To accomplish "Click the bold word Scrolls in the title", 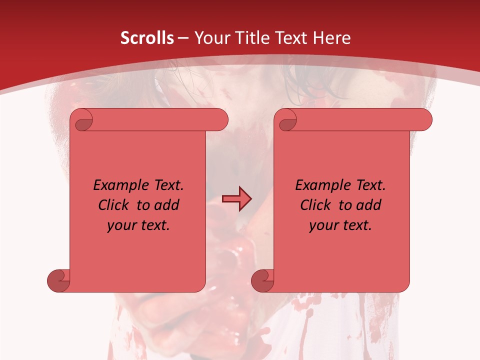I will (x=147, y=38).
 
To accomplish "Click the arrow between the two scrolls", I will (x=236, y=199).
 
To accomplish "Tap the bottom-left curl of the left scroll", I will (x=59, y=280).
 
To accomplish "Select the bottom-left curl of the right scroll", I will (x=263, y=280).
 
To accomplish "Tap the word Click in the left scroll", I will (x=114, y=205).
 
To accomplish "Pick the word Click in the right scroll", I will (x=316, y=205).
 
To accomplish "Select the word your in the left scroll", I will (x=122, y=225).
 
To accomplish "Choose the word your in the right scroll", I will (x=324, y=225).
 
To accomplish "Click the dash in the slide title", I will (x=183, y=38).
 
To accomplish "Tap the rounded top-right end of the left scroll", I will (x=220, y=120).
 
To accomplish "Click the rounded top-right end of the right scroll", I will (x=424, y=120).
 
